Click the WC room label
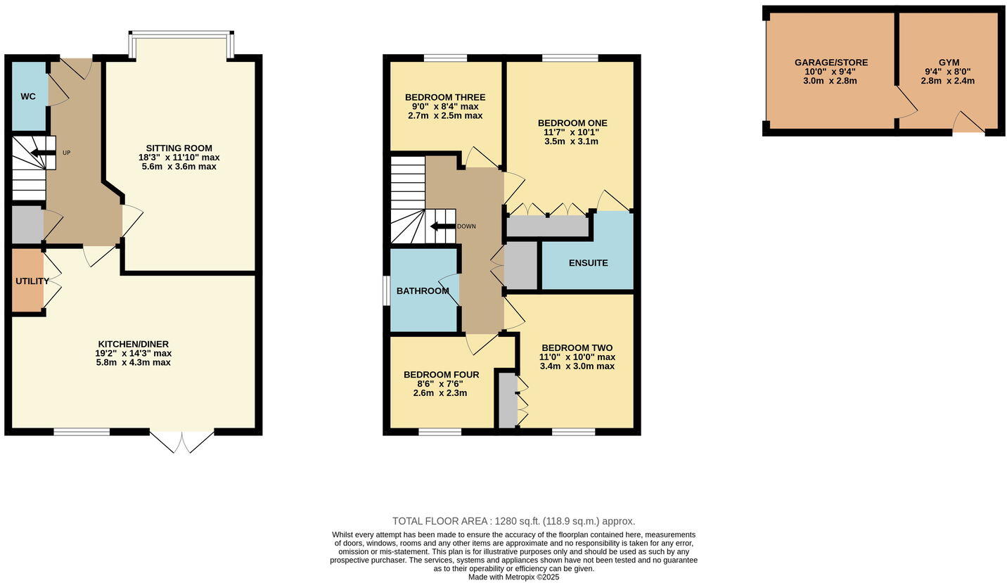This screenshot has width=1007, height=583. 28,96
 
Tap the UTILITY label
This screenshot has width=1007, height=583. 32,281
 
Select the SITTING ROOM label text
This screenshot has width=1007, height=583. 179,148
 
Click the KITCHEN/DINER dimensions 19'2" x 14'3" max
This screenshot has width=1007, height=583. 134,354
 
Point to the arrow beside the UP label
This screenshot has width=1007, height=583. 44,153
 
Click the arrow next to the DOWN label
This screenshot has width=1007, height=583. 442,226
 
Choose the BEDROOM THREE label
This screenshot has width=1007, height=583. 444,97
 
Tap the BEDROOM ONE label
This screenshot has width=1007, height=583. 572,123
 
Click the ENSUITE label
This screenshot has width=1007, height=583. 588,263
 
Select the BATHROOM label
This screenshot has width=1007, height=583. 422,291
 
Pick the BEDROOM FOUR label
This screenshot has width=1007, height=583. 441,375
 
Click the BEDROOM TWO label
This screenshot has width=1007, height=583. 577,348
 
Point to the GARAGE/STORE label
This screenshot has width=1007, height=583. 830,63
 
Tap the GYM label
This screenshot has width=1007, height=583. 948,63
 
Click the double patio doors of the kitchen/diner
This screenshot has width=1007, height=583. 182,442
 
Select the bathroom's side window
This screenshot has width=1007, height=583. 386,290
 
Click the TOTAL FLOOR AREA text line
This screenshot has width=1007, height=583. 513,521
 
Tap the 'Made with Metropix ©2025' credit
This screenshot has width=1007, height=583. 513,577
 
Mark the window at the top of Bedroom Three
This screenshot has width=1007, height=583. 446,58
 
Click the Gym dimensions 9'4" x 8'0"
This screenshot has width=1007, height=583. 948,72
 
